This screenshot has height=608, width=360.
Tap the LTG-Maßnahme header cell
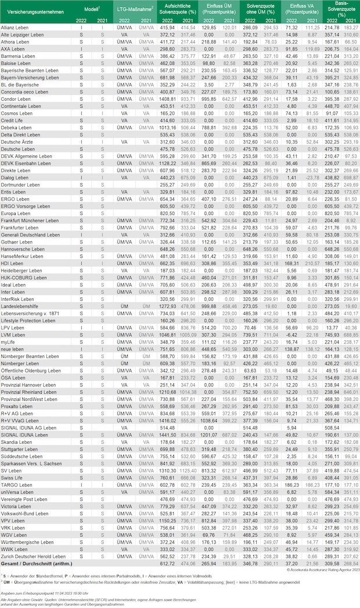tap(134, 10)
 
